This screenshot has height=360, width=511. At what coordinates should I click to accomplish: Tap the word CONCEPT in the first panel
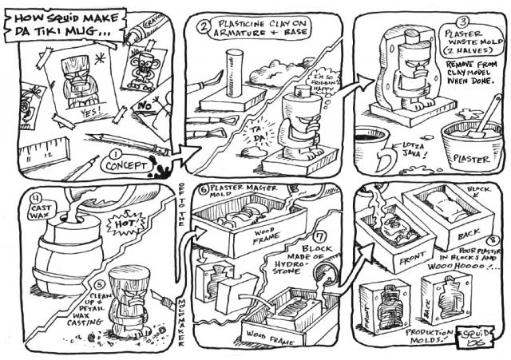(x=125, y=166)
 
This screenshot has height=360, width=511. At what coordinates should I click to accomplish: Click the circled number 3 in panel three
(x=461, y=23)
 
